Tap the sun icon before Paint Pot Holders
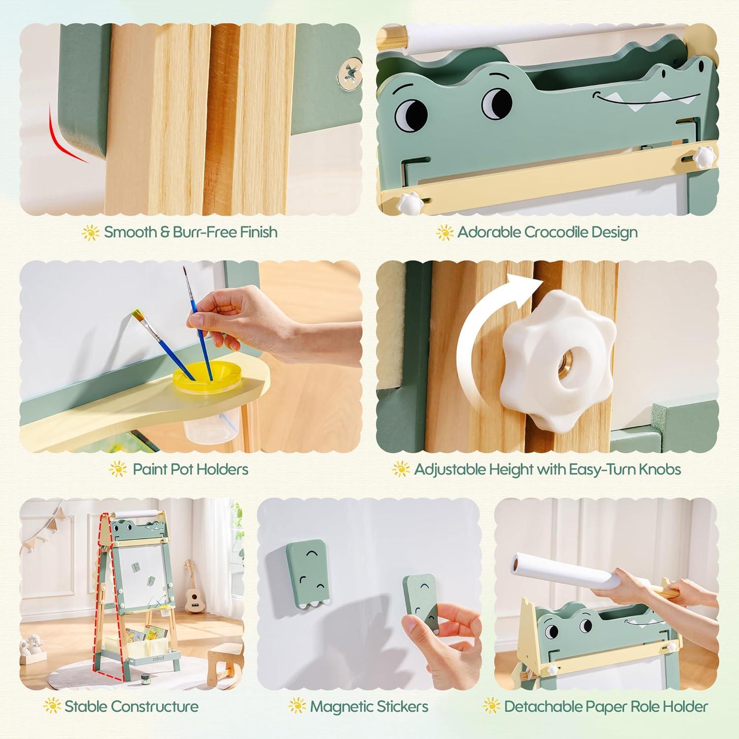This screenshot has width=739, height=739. point(118,469)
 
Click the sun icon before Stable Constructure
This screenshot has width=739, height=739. point(52,706)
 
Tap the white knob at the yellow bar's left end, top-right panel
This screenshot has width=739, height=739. point(408,202)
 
